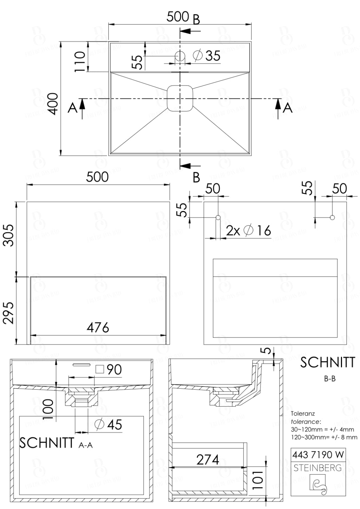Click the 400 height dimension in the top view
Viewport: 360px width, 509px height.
pyautogui.click(x=53, y=104)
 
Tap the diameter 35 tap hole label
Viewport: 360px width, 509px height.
pyautogui.click(x=207, y=55)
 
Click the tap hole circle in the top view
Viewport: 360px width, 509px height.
pyautogui.click(x=180, y=55)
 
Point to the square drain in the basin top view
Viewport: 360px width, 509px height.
pyautogui.click(x=180, y=98)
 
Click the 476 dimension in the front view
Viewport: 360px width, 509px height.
pyautogui.click(x=98, y=328)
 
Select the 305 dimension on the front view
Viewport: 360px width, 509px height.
pyautogui.click(x=8, y=235)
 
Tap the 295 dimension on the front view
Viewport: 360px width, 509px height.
pyautogui.click(x=8, y=313)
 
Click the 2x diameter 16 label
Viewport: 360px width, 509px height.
pyautogui.click(x=249, y=231)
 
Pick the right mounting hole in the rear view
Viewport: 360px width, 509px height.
pyautogui.click(x=332, y=217)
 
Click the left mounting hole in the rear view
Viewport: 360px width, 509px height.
pyautogui.click(x=218, y=217)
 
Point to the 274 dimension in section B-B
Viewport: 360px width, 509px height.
pyautogui.click(x=208, y=460)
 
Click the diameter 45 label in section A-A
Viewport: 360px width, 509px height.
pyautogui.click(x=109, y=425)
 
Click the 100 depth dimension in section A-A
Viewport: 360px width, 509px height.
pyautogui.click(x=49, y=409)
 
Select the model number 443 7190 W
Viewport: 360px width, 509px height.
pyautogui.click(x=318, y=454)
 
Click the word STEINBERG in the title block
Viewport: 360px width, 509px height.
pyautogui.click(x=318, y=468)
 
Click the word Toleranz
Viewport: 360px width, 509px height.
pyautogui.click(x=303, y=414)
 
